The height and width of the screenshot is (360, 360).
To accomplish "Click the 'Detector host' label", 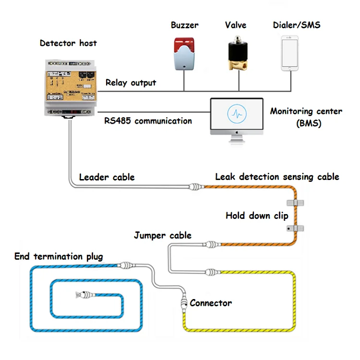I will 68,43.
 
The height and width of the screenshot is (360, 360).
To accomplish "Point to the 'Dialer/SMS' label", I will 292,25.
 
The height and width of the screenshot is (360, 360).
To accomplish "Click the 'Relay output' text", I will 131,83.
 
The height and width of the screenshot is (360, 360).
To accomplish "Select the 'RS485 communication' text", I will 148,121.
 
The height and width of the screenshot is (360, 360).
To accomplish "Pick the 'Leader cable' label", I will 107,177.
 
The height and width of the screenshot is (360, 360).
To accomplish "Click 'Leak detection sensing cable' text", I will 277,177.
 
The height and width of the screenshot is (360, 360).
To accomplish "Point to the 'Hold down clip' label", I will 257,216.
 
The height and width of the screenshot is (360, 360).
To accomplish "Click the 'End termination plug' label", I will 59,256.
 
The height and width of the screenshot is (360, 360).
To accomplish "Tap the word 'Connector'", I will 211,303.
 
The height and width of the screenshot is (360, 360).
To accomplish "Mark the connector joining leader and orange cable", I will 196,187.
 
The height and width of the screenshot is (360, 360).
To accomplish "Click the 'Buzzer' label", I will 184,25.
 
